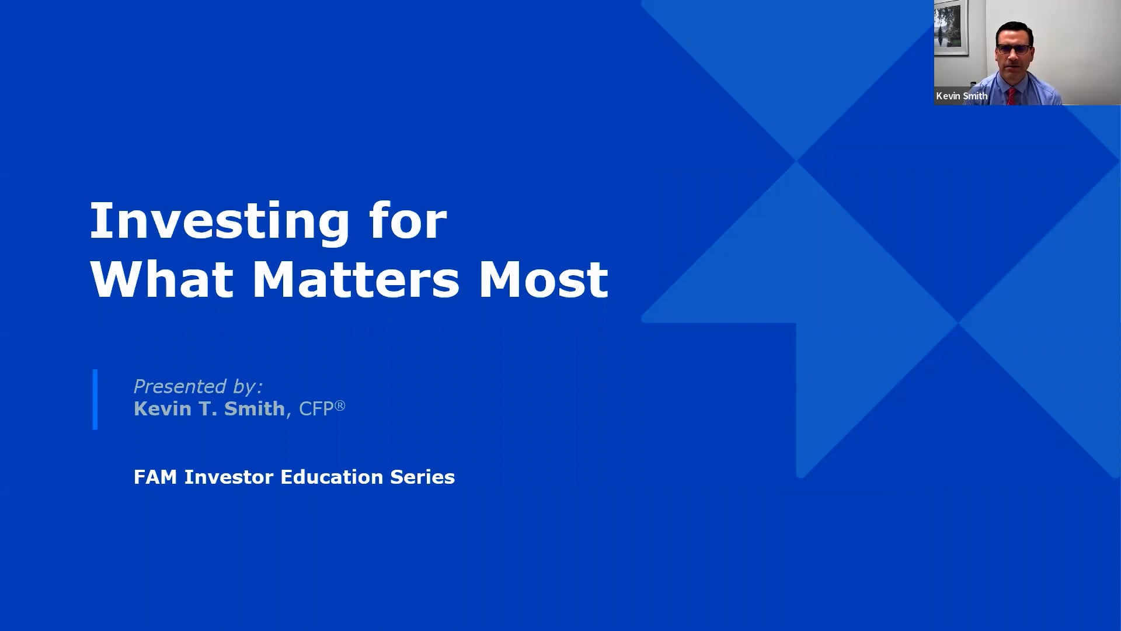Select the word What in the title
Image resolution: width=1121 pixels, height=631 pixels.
pyautogui.click(x=162, y=279)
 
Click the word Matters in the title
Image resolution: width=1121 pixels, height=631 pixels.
pyautogui.click(x=356, y=279)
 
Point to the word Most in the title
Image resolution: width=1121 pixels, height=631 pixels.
pyautogui.click(x=543, y=279)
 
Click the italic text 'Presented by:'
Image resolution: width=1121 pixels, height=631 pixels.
pyautogui.click(x=198, y=386)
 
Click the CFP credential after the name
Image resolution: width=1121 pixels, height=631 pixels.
pyautogui.click(x=316, y=408)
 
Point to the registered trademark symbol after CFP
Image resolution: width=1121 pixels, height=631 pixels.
pyautogui.click(x=340, y=405)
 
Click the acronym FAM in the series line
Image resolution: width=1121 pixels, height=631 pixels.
pyautogui.click(x=155, y=477)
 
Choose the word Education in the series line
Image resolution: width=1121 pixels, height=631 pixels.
pyautogui.click(x=332, y=477)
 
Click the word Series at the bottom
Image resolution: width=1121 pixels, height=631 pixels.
pyautogui.click(x=422, y=477)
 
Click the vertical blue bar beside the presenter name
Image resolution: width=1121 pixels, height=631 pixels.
pyautogui.click(x=95, y=400)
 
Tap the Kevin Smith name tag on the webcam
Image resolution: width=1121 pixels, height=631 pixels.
pyautogui.click(x=962, y=96)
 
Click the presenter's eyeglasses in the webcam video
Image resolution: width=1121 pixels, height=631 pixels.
pyautogui.click(x=1014, y=50)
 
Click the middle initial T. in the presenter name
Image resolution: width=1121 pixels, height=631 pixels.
pyautogui.click(x=208, y=408)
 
